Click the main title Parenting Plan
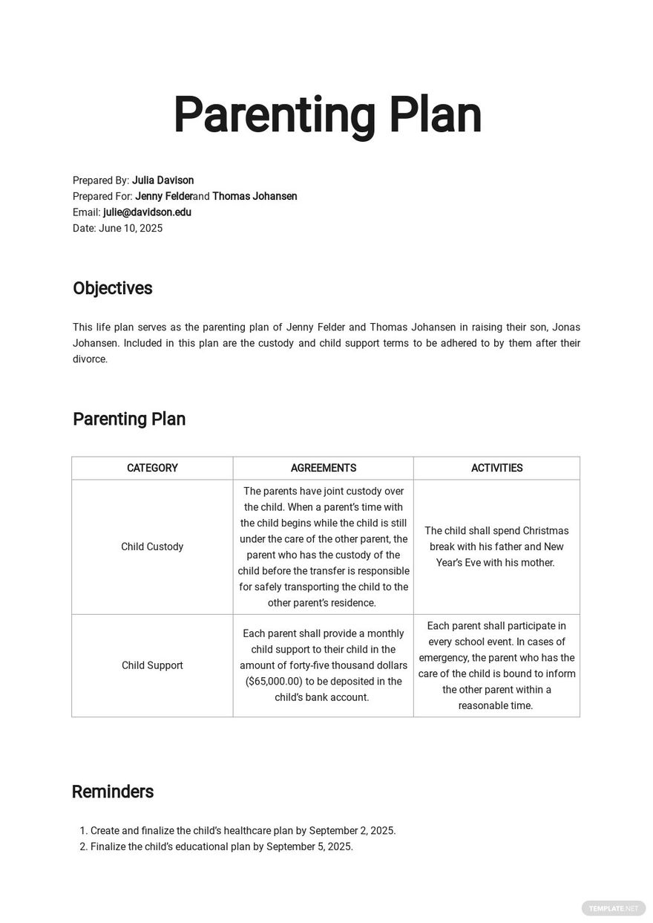tap(327, 116)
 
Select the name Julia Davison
tap(163, 180)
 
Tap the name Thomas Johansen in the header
tap(255, 197)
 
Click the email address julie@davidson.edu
tap(147, 212)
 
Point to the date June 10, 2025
tap(131, 229)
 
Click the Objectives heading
tap(113, 289)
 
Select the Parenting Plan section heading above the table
tap(129, 420)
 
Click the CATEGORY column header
tap(152, 469)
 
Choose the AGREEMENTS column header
tap(324, 469)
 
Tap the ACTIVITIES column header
tap(496, 469)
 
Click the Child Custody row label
tap(152, 547)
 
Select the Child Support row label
tap(152, 666)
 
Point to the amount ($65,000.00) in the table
tap(273, 682)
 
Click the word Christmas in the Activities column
tap(545, 531)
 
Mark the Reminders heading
tap(113, 792)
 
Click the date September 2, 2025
tap(352, 831)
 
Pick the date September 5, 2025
tap(309, 847)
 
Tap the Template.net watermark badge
tap(614, 908)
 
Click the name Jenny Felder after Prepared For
tap(163, 197)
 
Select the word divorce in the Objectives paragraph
tap(89, 359)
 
